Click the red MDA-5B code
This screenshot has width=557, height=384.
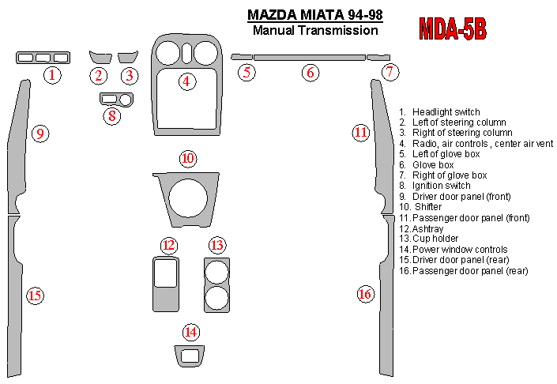click(x=453, y=28)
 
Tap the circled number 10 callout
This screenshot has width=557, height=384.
click(x=188, y=159)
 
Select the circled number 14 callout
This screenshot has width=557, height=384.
click(x=191, y=332)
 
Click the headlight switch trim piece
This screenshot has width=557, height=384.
click(x=43, y=58)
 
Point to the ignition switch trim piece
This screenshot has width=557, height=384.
click(x=116, y=100)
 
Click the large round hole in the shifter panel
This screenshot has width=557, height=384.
click(x=188, y=198)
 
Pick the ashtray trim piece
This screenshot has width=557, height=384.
click(x=166, y=284)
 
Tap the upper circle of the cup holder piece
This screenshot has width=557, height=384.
click(x=216, y=273)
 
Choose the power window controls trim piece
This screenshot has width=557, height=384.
click(x=190, y=356)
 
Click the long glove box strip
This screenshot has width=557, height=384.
click(x=310, y=58)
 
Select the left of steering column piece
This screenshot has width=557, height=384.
click(x=100, y=57)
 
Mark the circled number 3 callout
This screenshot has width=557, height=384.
click(x=130, y=75)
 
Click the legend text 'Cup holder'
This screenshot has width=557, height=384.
click(x=435, y=239)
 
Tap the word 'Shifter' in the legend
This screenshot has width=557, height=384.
click(x=428, y=207)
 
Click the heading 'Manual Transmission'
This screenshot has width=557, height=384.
click(x=315, y=30)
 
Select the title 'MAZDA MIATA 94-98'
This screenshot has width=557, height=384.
click(x=315, y=15)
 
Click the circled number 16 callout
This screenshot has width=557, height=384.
click(x=366, y=294)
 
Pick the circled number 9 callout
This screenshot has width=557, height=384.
click(x=40, y=134)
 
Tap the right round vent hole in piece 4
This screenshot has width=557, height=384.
click(x=206, y=53)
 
